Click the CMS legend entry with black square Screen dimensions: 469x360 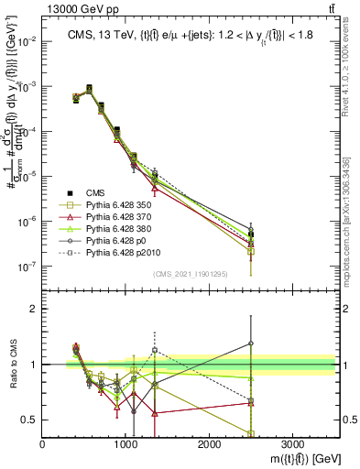[x=94, y=193]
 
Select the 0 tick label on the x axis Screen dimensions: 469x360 [x=43, y=445]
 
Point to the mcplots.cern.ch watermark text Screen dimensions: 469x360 [x=353, y=220]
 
